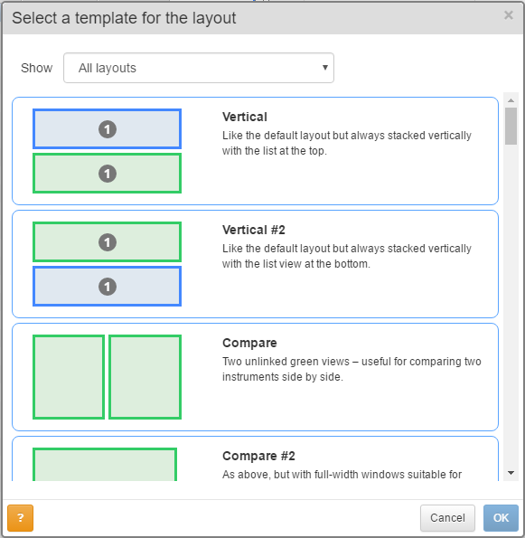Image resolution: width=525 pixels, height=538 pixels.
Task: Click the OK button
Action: coord(501,518)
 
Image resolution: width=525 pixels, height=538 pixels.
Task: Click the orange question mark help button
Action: coord(20,518)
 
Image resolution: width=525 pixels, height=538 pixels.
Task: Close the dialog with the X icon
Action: coord(509,15)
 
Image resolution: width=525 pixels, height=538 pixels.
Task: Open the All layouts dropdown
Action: coord(199,68)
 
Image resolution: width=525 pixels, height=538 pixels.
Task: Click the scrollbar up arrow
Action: coord(511,100)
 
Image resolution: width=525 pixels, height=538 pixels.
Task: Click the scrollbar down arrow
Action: coord(511,473)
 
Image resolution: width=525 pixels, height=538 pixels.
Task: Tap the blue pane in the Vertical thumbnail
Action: coord(107,129)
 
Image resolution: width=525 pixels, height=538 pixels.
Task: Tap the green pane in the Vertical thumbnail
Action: coord(107,174)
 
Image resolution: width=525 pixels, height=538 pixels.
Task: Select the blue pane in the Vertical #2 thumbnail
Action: coord(107,286)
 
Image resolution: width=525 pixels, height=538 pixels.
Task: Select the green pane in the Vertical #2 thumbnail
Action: coord(107,242)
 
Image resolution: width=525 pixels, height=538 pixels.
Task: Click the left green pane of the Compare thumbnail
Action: coord(69,377)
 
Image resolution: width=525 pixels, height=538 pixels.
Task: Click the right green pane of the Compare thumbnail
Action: coord(145,377)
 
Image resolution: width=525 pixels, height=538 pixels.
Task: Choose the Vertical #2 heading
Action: coord(254,230)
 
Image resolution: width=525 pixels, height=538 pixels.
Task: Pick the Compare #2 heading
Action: coord(258,456)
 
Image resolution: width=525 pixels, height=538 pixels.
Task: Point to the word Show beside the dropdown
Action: coord(37,68)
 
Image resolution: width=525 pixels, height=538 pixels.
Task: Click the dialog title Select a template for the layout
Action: coord(124,18)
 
